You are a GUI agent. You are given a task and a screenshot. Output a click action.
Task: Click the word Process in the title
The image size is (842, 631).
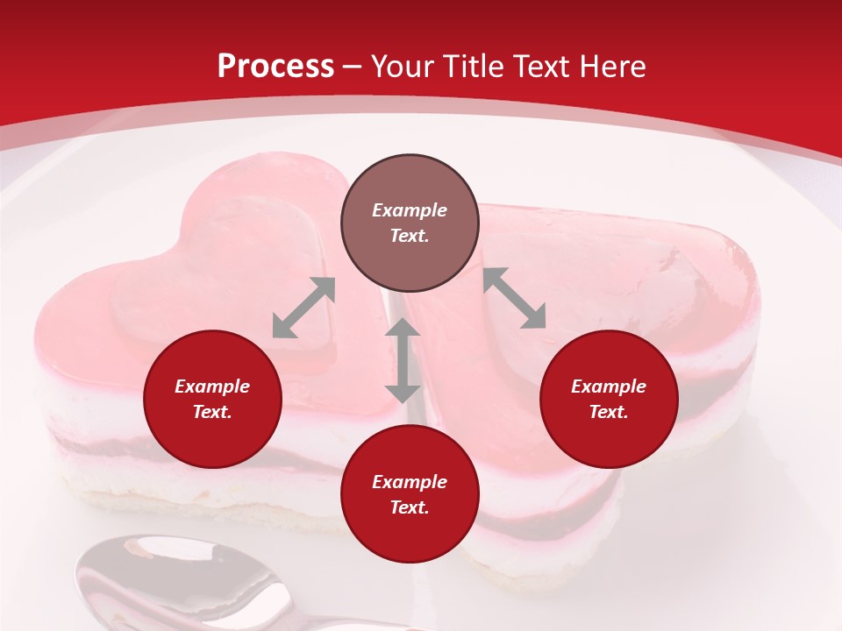(275, 67)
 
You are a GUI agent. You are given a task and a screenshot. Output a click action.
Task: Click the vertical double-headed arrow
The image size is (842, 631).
(403, 360)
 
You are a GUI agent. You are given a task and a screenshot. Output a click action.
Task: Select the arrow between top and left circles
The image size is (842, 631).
(303, 308)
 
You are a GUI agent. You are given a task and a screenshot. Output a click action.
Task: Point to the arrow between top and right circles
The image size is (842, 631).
(514, 298)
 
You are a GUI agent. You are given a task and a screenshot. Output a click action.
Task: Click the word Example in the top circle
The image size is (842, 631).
(410, 210)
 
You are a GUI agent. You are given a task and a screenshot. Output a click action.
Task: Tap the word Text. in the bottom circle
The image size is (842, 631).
(410, 507)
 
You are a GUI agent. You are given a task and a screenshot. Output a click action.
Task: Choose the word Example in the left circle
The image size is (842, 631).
(212, 386)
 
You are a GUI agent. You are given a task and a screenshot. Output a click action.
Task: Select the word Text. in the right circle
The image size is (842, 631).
(609, 412)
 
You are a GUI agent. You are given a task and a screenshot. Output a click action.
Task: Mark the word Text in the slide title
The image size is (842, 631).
(543, 67)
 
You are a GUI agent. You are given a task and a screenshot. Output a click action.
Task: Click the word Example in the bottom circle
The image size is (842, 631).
(410, 482)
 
